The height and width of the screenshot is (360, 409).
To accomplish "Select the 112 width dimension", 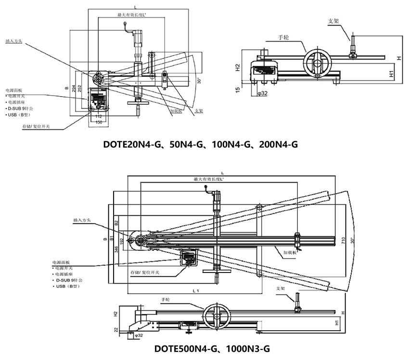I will point(98,116).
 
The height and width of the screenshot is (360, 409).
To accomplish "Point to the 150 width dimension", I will point(98,123).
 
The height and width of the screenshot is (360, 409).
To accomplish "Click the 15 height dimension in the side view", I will point(237,89).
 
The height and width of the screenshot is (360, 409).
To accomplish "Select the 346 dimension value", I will point(116,249).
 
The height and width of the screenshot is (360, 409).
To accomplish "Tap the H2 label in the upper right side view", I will point(237,67).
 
